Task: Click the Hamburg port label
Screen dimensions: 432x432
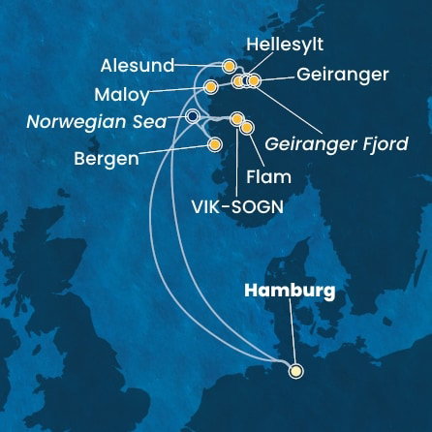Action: [x=291, y=290]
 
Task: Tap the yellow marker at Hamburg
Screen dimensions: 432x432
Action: [x=295, y=369]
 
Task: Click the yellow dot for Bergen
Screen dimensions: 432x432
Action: [x=215, y=145]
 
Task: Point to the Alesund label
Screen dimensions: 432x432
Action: [x=137, y=66]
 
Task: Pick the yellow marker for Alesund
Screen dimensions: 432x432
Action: [x=229, y=67]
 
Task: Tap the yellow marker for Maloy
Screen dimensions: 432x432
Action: [x=210, y=87]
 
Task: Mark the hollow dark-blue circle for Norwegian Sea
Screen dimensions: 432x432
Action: [x=192, y=117]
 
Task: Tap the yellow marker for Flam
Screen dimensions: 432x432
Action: [x=246, y=127]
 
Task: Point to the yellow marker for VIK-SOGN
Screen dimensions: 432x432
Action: [x=236, y=119]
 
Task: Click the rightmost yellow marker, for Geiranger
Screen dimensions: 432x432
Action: [x=254, y=81]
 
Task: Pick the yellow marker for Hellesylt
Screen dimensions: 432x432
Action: [x=238, y=81]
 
